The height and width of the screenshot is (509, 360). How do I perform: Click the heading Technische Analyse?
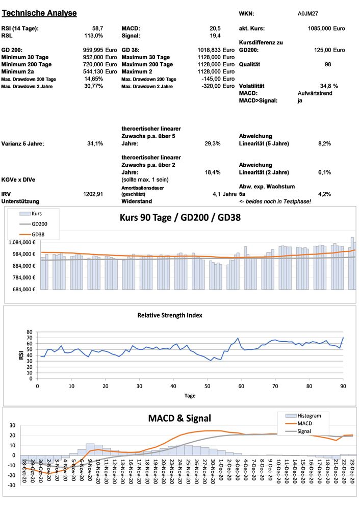tap(39, 13)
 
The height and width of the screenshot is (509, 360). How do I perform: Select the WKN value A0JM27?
tap(308, 14)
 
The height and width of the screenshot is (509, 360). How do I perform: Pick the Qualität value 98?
tap(328, 65)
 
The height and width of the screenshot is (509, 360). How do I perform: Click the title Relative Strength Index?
tap(169, 315)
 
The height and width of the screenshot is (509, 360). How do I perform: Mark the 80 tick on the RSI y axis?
tap(29, 332)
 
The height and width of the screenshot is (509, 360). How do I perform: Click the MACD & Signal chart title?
tap(179, 418)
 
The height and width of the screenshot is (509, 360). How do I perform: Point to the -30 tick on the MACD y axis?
tap(11, 485)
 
